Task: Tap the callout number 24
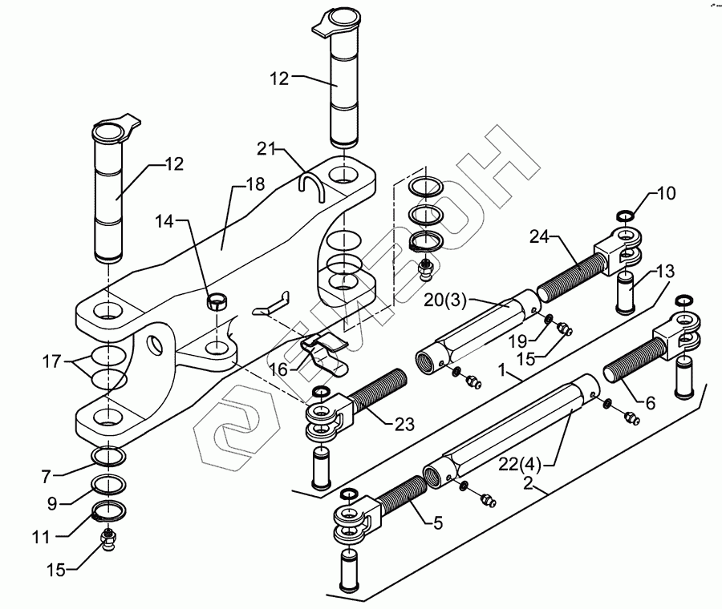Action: (x=538, y=236)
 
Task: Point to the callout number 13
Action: (x=665, y=271)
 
